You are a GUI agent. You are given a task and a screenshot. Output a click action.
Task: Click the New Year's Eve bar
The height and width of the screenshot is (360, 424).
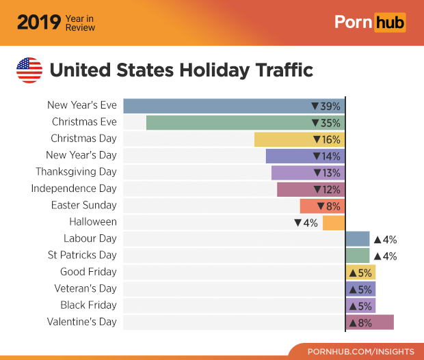[x=215, y=106]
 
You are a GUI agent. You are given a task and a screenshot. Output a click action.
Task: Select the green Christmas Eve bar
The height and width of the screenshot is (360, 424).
[x=226, y=122]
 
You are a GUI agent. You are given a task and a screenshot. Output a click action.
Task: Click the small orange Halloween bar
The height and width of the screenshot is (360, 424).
[x=333, y=223]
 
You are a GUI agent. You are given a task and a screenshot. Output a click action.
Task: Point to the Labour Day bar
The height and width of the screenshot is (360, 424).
[x=357, y=238]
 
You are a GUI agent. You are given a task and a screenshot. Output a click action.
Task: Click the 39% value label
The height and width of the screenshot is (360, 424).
[x=326, y=106]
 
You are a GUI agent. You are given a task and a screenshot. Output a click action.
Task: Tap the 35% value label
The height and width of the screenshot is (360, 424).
[x=326, y=123]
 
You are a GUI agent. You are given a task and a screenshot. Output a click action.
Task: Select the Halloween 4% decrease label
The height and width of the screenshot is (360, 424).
[x=306, y=223]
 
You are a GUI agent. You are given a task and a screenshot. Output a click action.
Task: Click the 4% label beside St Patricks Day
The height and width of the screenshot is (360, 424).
[x=385, y=256]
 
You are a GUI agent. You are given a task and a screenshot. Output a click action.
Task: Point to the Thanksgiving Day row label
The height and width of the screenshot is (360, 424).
[x=76, y=171]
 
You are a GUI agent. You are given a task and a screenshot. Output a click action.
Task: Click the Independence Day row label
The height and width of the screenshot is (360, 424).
[x=74, y=189]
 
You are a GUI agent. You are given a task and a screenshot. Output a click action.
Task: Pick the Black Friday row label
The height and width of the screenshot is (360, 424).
[x=88, y=305]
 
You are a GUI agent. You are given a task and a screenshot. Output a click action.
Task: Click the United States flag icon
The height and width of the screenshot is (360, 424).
[x=29, y=70]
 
